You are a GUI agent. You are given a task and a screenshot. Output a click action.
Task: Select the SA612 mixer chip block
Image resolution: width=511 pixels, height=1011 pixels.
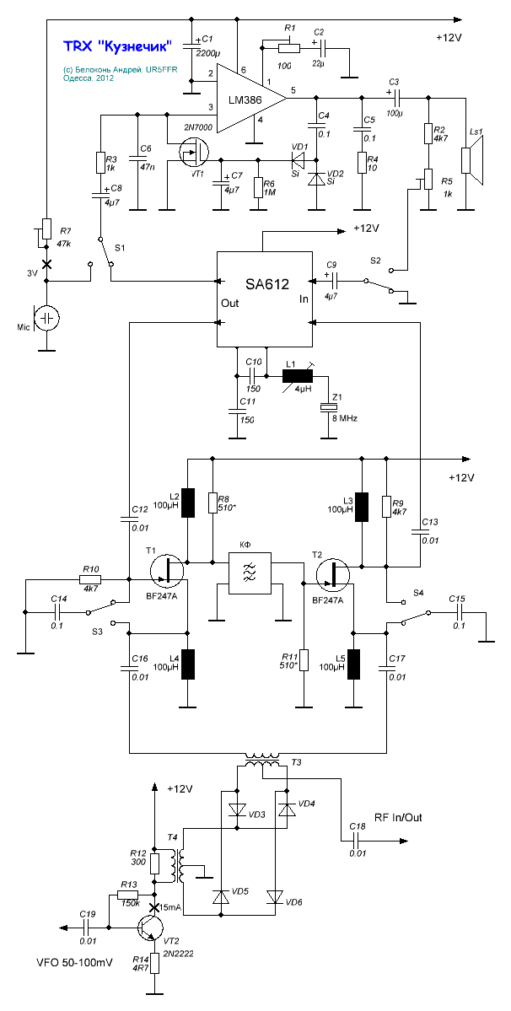pos(264,298)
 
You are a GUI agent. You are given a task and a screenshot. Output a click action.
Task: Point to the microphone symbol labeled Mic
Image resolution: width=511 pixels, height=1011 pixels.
pos(48,318)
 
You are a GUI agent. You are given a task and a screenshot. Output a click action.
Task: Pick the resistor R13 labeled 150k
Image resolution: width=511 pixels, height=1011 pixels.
pos(128,895)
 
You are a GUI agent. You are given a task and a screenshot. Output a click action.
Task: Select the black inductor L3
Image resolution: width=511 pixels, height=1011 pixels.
pos(361,506)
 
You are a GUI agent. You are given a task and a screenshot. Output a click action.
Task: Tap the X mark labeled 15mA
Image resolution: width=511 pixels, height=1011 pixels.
pos(154,908)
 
